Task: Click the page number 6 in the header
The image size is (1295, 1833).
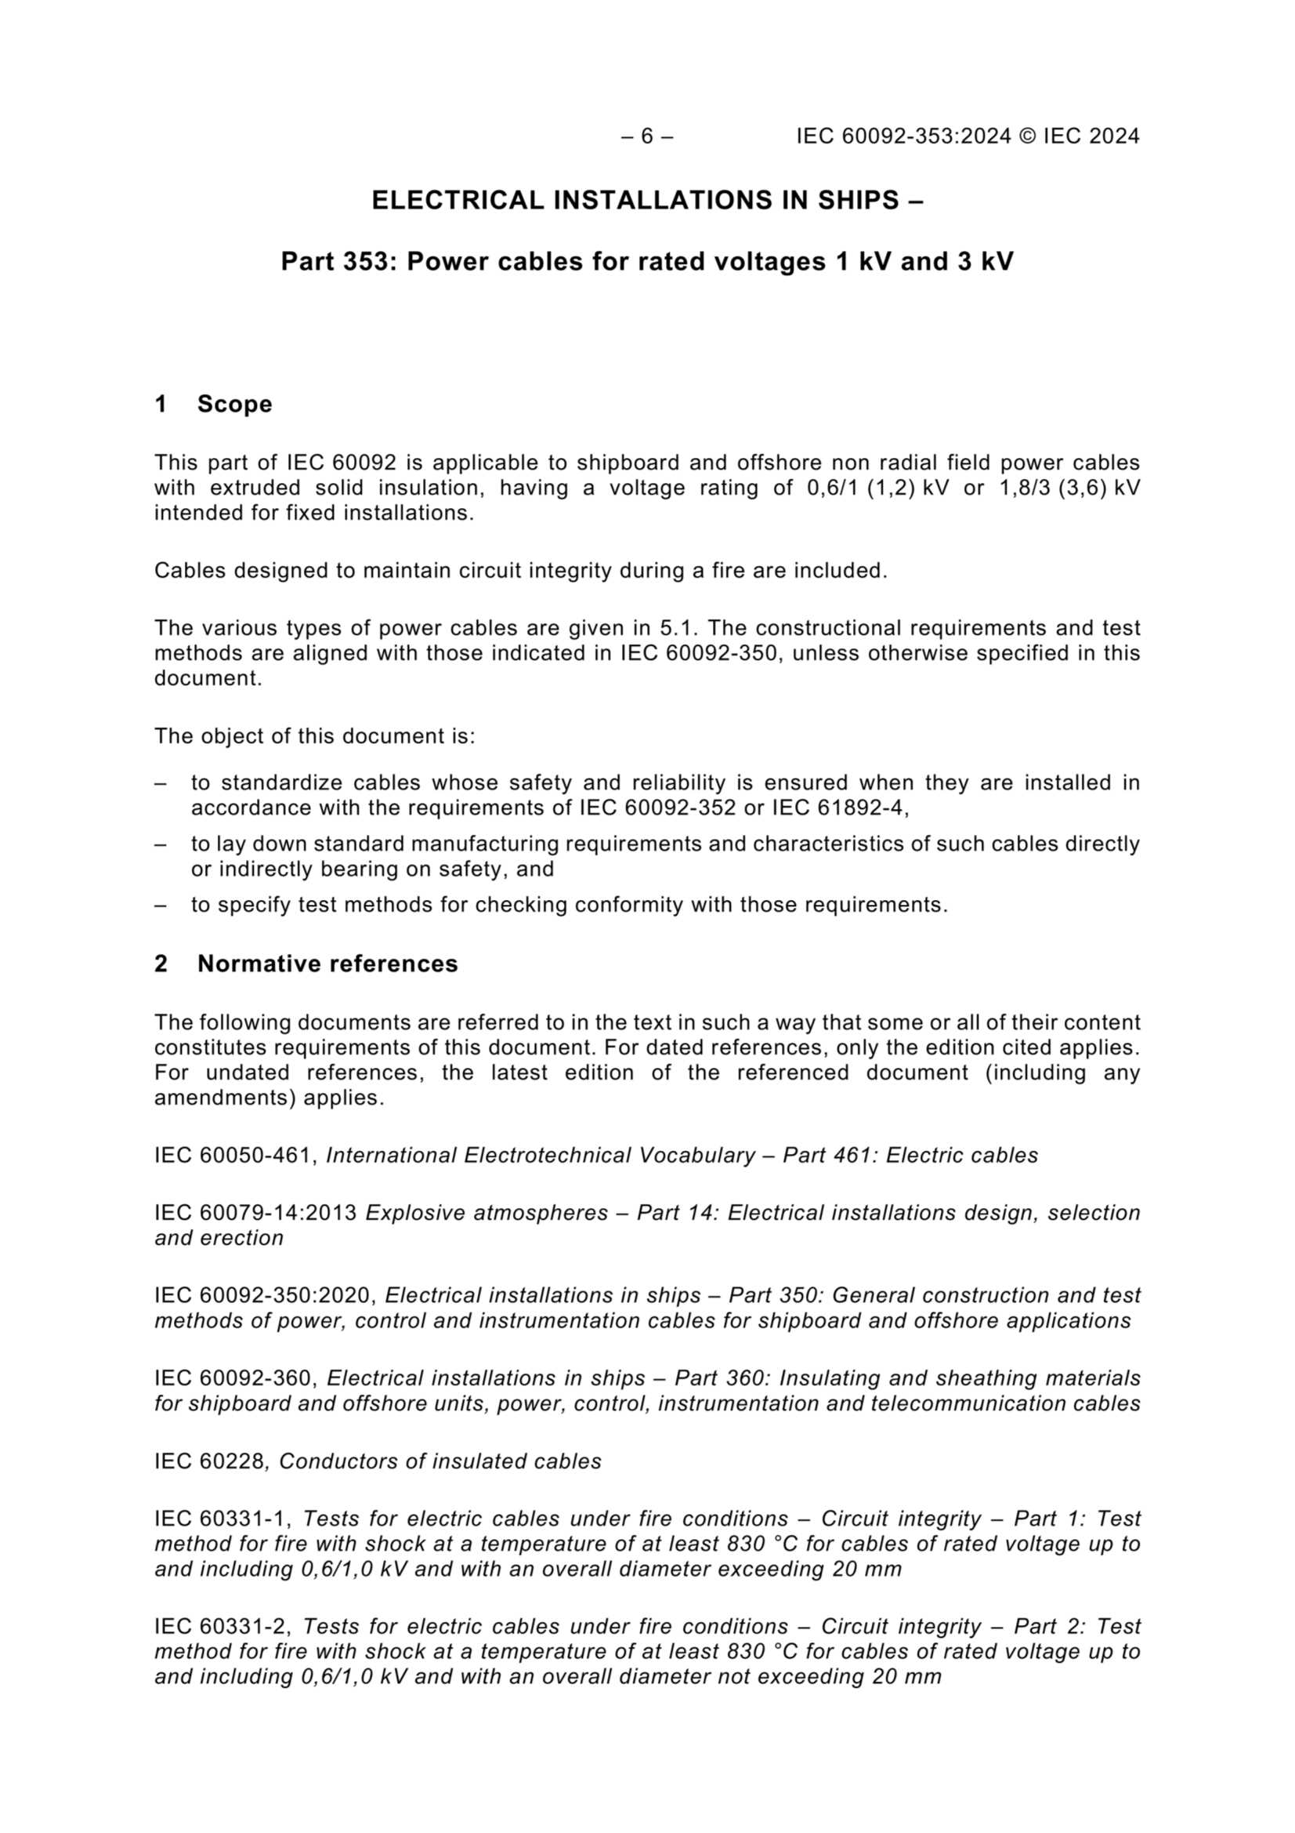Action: tap(646, 136)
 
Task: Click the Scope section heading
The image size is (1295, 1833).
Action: tap(233, 404)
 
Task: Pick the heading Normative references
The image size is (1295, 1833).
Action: tap(327, 964)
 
